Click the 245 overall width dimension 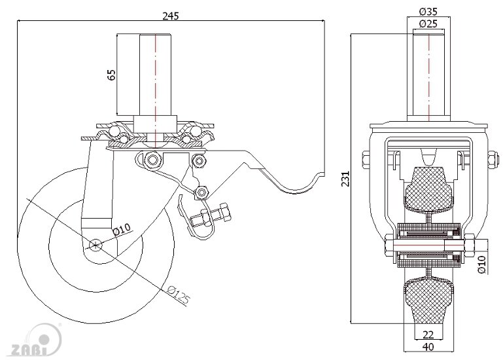[x=170, y=16]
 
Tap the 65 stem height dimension [x=111, y=75]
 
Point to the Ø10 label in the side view [x=122, y=230]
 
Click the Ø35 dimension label [x=428, y=12]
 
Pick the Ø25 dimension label [x=428, y=24]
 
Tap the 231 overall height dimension [x=345, y=179]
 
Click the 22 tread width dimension [x=428, y=334]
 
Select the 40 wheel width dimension [x=428, y=347]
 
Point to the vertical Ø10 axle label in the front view [x=482, y=263]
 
